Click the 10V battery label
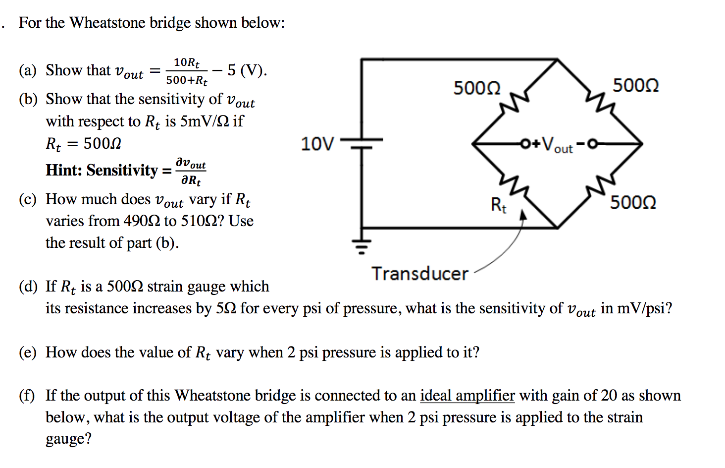point(317,144)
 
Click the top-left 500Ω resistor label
point(477,88)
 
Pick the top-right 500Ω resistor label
point(635,85)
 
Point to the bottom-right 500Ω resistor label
point(633,202)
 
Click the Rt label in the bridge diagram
point(498,204)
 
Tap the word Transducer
point(420,274)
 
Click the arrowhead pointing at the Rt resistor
point(523,214)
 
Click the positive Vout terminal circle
point(525,144)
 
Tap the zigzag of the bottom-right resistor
point(601,186)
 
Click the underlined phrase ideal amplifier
point(467,395)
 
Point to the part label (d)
point(28,286)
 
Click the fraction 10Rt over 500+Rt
point(187,71)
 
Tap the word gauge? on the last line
point(68,439)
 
